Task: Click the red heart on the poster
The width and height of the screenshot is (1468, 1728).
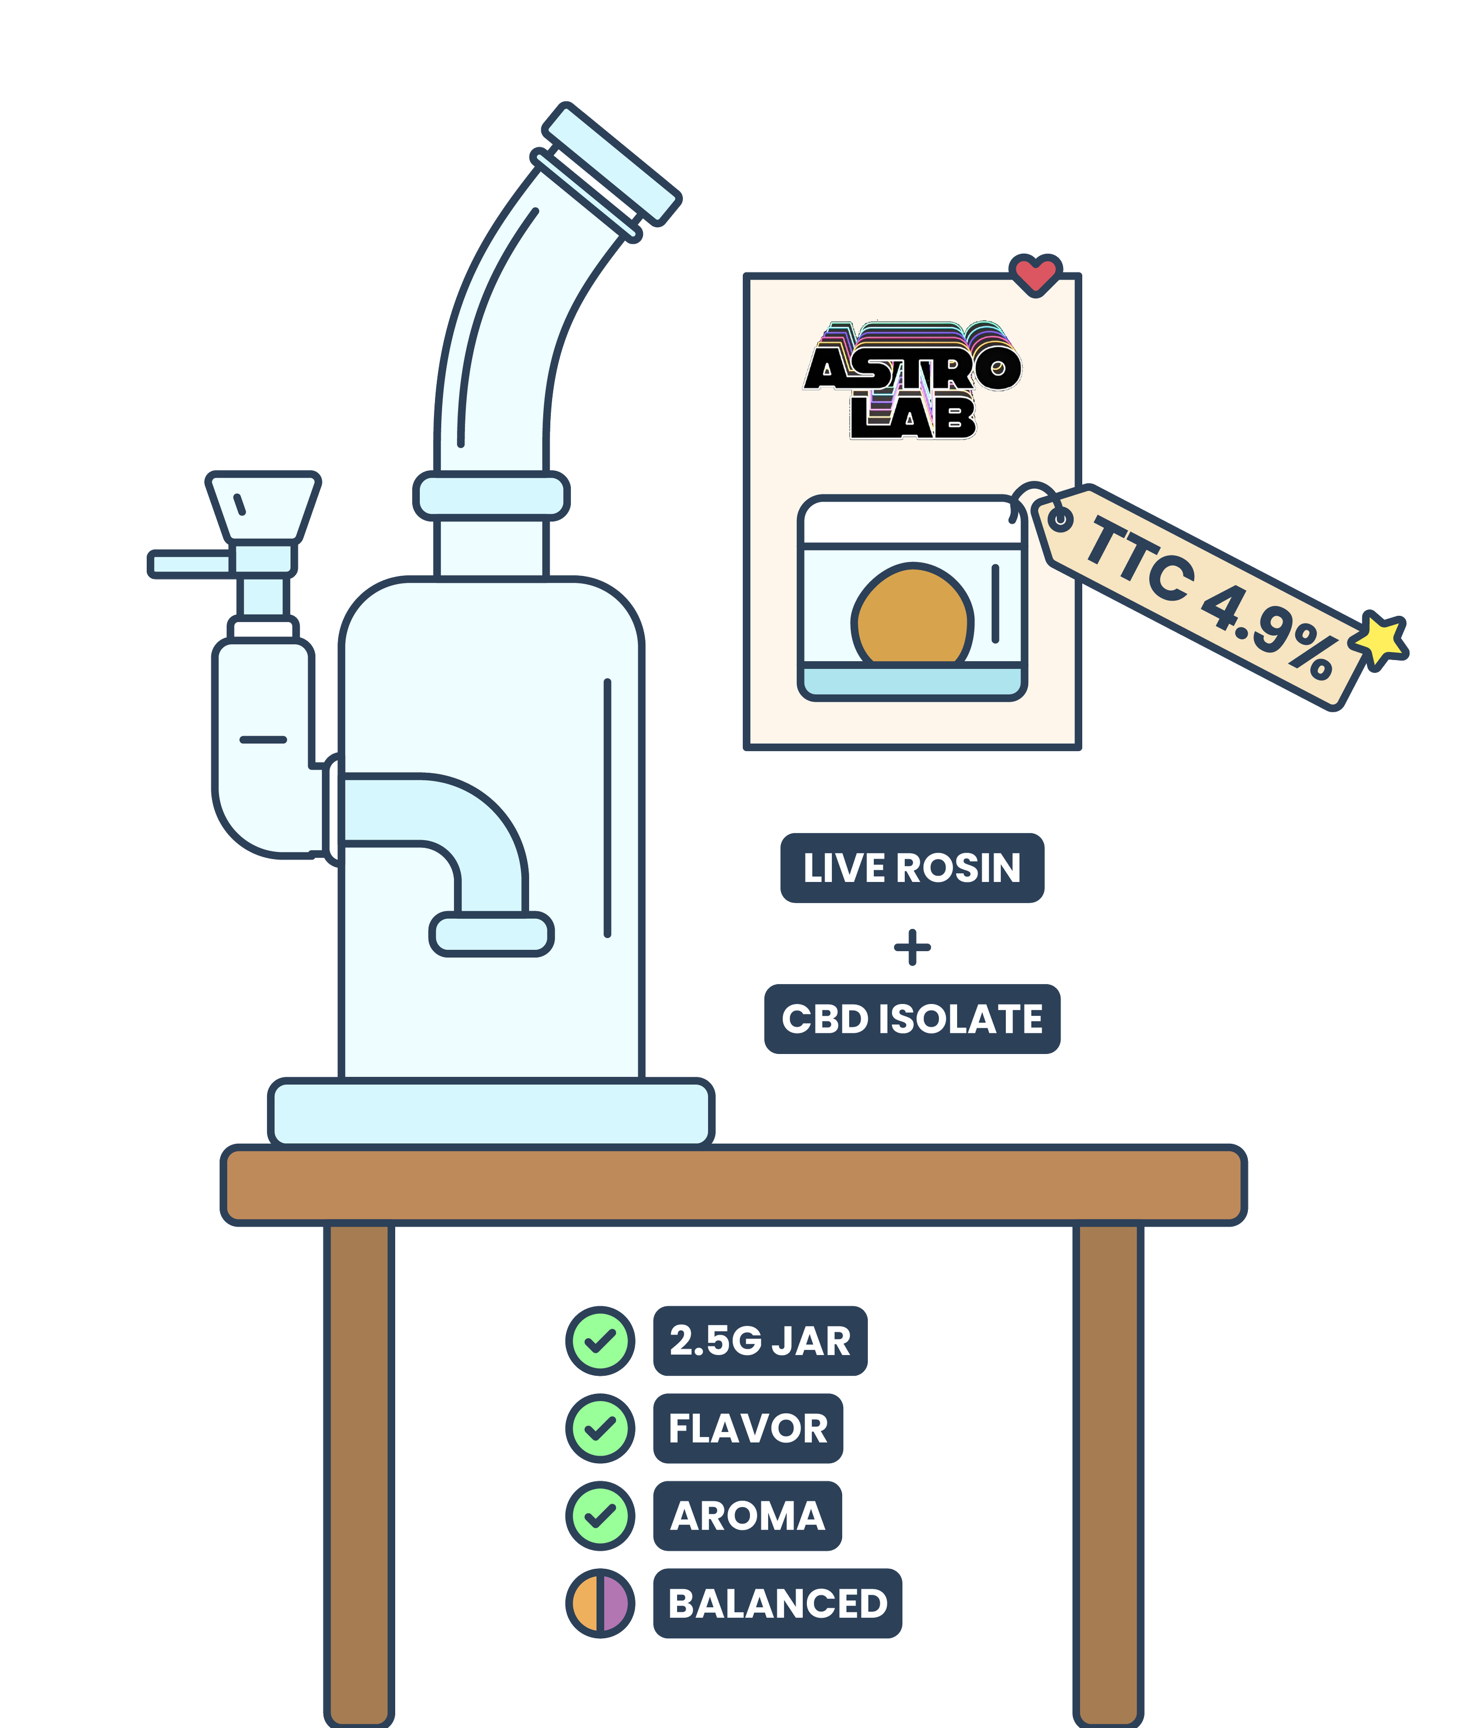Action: [1035, 274]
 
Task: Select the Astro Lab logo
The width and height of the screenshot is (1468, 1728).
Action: [912, 380]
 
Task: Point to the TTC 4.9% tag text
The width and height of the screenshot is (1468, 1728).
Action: [1211, 597]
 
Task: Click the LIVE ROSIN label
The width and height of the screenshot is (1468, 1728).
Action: [911, 868]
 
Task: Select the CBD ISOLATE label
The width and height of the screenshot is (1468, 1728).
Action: [911, 1019]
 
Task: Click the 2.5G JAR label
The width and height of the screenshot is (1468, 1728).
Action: [760, 1341]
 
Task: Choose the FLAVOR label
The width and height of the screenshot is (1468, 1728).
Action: [748, 1429]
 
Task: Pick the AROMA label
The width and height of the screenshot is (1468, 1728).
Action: [748, 1516]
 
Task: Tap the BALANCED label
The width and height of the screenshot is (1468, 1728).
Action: [777, 1603]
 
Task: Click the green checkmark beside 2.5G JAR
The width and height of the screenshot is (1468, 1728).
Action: [600, 1341]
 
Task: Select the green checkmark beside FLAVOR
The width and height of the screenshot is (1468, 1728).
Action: [600, 1429]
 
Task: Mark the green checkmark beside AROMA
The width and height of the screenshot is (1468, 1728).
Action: [600, 1516]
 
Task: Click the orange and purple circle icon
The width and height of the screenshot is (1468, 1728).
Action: [600, 1603]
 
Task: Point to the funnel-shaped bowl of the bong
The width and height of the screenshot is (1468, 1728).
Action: [263, 507]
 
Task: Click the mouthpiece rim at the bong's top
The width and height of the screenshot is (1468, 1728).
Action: [612, 164]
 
